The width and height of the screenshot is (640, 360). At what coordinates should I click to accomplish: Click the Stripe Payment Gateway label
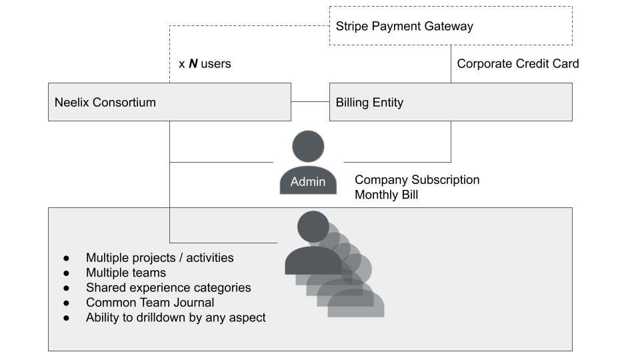pos(404,27)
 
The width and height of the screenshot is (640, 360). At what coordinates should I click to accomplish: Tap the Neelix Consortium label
pos(105,102)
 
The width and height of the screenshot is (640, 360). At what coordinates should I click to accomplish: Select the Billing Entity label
pos(369,103)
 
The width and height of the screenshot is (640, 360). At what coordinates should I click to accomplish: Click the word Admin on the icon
pos(308,181)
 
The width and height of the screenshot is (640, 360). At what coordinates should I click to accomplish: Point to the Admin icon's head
pos(308,147)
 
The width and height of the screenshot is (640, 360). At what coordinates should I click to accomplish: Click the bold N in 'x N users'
pos(193,64)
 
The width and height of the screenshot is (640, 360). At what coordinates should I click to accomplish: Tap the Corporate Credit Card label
pos(518,64)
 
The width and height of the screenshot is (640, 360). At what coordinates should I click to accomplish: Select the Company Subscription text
pos(417,179)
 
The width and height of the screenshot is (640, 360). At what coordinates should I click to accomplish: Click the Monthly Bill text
pos(386,195)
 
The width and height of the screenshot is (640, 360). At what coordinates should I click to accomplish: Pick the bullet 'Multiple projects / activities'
pos(159,258)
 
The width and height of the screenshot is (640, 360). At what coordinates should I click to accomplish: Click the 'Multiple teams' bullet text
pos(126,273)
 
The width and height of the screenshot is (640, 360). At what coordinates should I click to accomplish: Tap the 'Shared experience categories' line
pos(168,288)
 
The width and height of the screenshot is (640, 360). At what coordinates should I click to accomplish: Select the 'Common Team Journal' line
pos(150,303)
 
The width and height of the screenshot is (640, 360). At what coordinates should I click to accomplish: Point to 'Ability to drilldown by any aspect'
pos(175,317)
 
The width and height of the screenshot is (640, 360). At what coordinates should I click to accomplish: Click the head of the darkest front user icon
pos(313,227)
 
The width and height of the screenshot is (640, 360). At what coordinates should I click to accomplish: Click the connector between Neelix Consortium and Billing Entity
pos(310,101)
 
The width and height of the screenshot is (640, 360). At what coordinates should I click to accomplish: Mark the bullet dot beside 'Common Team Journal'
pos(67,303)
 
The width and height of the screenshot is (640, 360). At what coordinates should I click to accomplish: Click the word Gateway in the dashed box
pos(449,27)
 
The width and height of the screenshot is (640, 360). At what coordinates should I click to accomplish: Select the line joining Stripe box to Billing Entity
pos(451,64)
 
